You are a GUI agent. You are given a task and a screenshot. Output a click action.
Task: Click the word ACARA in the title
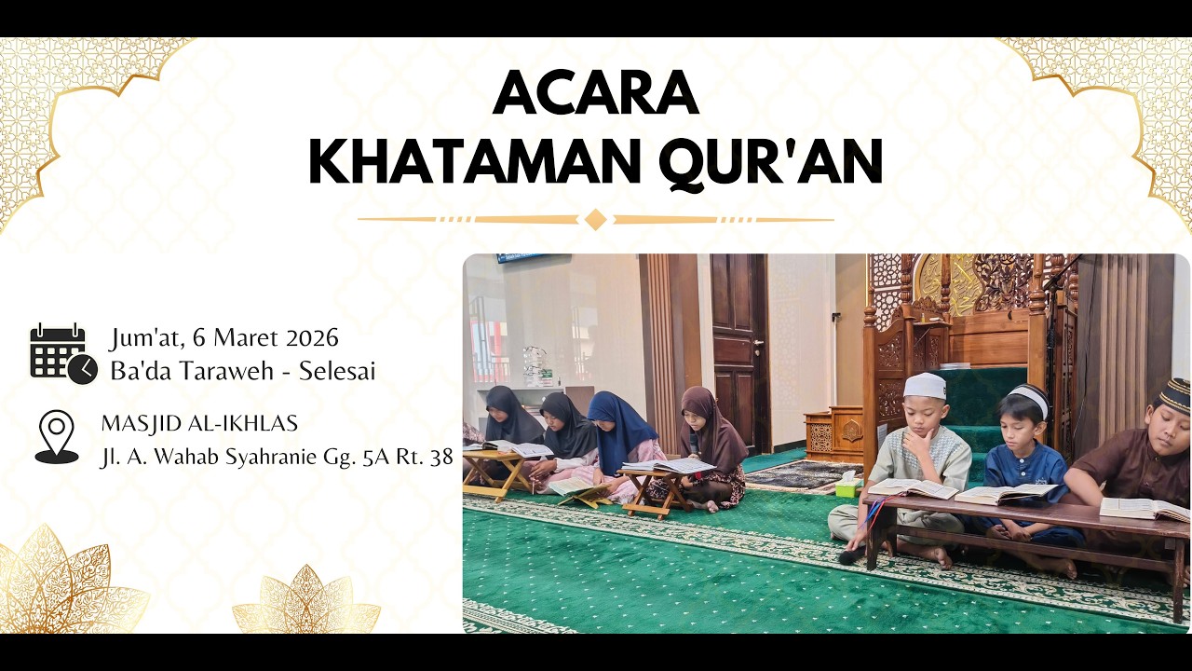point(596,92)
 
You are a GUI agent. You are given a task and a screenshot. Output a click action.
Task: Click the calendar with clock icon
point(62,354)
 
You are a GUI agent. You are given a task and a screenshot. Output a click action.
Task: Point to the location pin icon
point(57,436)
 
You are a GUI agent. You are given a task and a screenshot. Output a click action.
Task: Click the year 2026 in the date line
point(312,337)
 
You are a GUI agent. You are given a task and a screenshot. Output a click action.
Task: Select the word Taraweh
point(223,371)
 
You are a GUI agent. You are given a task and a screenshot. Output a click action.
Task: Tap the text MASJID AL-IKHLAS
point(199,424)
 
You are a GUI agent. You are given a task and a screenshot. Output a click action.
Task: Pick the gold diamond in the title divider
point(595,219)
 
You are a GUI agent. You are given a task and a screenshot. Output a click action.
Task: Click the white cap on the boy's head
point(925,386)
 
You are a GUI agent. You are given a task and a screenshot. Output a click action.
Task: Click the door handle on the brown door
point(757,343)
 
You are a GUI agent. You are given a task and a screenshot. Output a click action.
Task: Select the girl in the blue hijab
point(621,438)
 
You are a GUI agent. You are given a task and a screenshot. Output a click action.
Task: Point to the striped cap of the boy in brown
point(1174,395)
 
